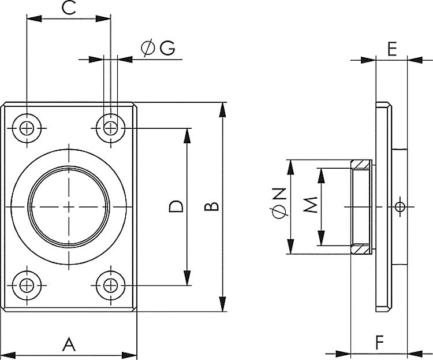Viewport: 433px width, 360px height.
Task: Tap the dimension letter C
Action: (x=69, y=8)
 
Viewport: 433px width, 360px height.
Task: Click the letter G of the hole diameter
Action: (x=167, y=49)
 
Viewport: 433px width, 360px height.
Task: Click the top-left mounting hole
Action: (x=27, y=128)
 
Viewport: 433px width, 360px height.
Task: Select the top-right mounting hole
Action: (x=110, y=128)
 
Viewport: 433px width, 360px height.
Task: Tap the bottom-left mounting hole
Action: (x=27, y=285)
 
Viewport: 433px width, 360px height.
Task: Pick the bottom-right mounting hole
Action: (x=110, y=285)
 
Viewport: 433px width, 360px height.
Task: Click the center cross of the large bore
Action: (x=69, y=206)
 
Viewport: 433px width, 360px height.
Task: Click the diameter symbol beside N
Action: (x=279, y=213)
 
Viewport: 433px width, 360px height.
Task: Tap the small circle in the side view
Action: (x=400, y=206)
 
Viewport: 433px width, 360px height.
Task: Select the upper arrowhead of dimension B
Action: (x=223, y=108)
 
